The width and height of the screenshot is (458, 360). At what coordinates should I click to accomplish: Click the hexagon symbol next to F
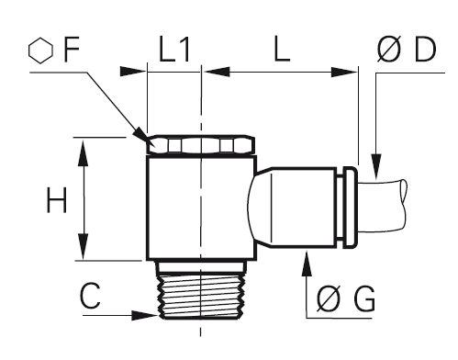[x=40, y=51]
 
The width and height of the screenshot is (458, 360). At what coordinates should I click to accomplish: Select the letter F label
[x=72, y=50]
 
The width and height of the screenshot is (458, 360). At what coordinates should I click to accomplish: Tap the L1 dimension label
[x=174, y=50]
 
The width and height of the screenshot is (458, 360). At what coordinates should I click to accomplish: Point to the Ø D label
[x=407, y=50]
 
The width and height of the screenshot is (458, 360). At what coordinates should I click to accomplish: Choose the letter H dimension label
[x=56, y=200]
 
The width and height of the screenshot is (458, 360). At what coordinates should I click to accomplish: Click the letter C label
[x=90, y=296]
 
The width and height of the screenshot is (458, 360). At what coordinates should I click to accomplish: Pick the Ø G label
[x=346, y=299]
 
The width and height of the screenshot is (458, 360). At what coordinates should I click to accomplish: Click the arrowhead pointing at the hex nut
[x=141, y=136]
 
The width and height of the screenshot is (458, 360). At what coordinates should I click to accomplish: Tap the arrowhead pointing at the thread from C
[x=145, y=315]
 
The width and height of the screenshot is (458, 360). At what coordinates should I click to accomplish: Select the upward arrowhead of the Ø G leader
[x=307, y=264]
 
